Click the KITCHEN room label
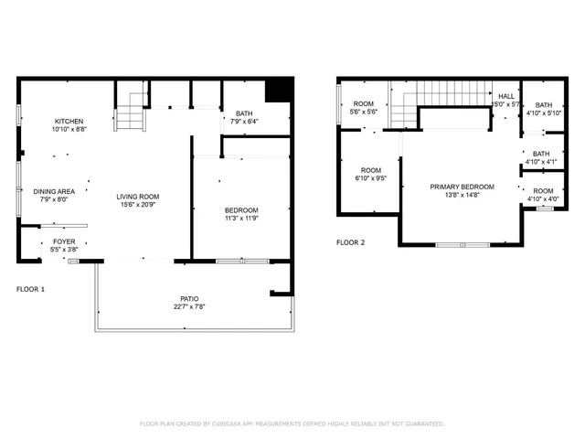tap(69, 122)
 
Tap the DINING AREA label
tap(53, 191)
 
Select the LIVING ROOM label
tap(138, 197)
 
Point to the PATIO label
tap(189, 299)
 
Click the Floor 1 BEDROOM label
tap(241, 210)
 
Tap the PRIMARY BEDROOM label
tap(462, 187)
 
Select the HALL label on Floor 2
tap(505, 96)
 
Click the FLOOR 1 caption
tap(30, 289)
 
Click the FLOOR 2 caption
tap(350, 243)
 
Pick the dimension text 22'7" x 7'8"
tap(189, 307)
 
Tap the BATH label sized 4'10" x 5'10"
tap(543, 105)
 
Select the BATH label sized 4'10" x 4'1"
tap(541, 154)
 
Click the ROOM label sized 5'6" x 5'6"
tap(364, 104)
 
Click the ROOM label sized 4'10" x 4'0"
tap(543, 190)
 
